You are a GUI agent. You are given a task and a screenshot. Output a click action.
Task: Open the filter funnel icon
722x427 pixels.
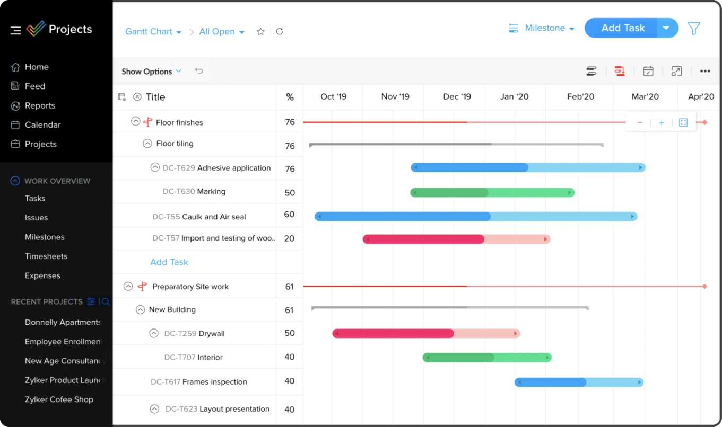point(694,29)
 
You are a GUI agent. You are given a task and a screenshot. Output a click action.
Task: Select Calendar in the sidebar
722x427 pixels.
point(42,125)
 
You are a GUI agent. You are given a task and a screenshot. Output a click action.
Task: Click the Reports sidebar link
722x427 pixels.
point(40,105)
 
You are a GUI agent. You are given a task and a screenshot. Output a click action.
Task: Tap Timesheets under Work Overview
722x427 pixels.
point(46,256)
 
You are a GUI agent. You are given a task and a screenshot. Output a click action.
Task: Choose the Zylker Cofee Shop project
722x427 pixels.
point(59,399)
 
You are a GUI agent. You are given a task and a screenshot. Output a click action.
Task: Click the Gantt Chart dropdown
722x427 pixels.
point(153,32)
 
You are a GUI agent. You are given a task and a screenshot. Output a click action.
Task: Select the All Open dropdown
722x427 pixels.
point(222,32)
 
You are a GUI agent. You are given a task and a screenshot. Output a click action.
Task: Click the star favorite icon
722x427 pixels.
point(260,32)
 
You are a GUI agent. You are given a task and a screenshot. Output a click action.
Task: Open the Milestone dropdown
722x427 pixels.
point(549,28)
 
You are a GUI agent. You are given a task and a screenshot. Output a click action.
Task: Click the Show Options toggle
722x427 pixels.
point(151,72)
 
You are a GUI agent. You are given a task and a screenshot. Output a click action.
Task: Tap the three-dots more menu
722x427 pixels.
point(704,72)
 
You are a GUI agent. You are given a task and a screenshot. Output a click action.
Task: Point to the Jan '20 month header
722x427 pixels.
point(514,96)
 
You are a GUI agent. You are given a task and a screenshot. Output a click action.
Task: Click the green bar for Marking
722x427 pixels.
point(492,192)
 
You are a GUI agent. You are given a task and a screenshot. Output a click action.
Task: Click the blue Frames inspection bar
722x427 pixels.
point(579,382)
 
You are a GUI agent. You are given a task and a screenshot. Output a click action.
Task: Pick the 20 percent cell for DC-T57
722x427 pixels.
point(289,238)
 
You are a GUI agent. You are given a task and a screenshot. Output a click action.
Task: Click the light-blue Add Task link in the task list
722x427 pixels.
point(169,262)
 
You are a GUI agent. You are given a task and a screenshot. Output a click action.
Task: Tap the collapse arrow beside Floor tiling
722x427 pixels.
point(147,144)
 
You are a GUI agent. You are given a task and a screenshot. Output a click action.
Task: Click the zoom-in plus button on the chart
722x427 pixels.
point(662,123)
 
